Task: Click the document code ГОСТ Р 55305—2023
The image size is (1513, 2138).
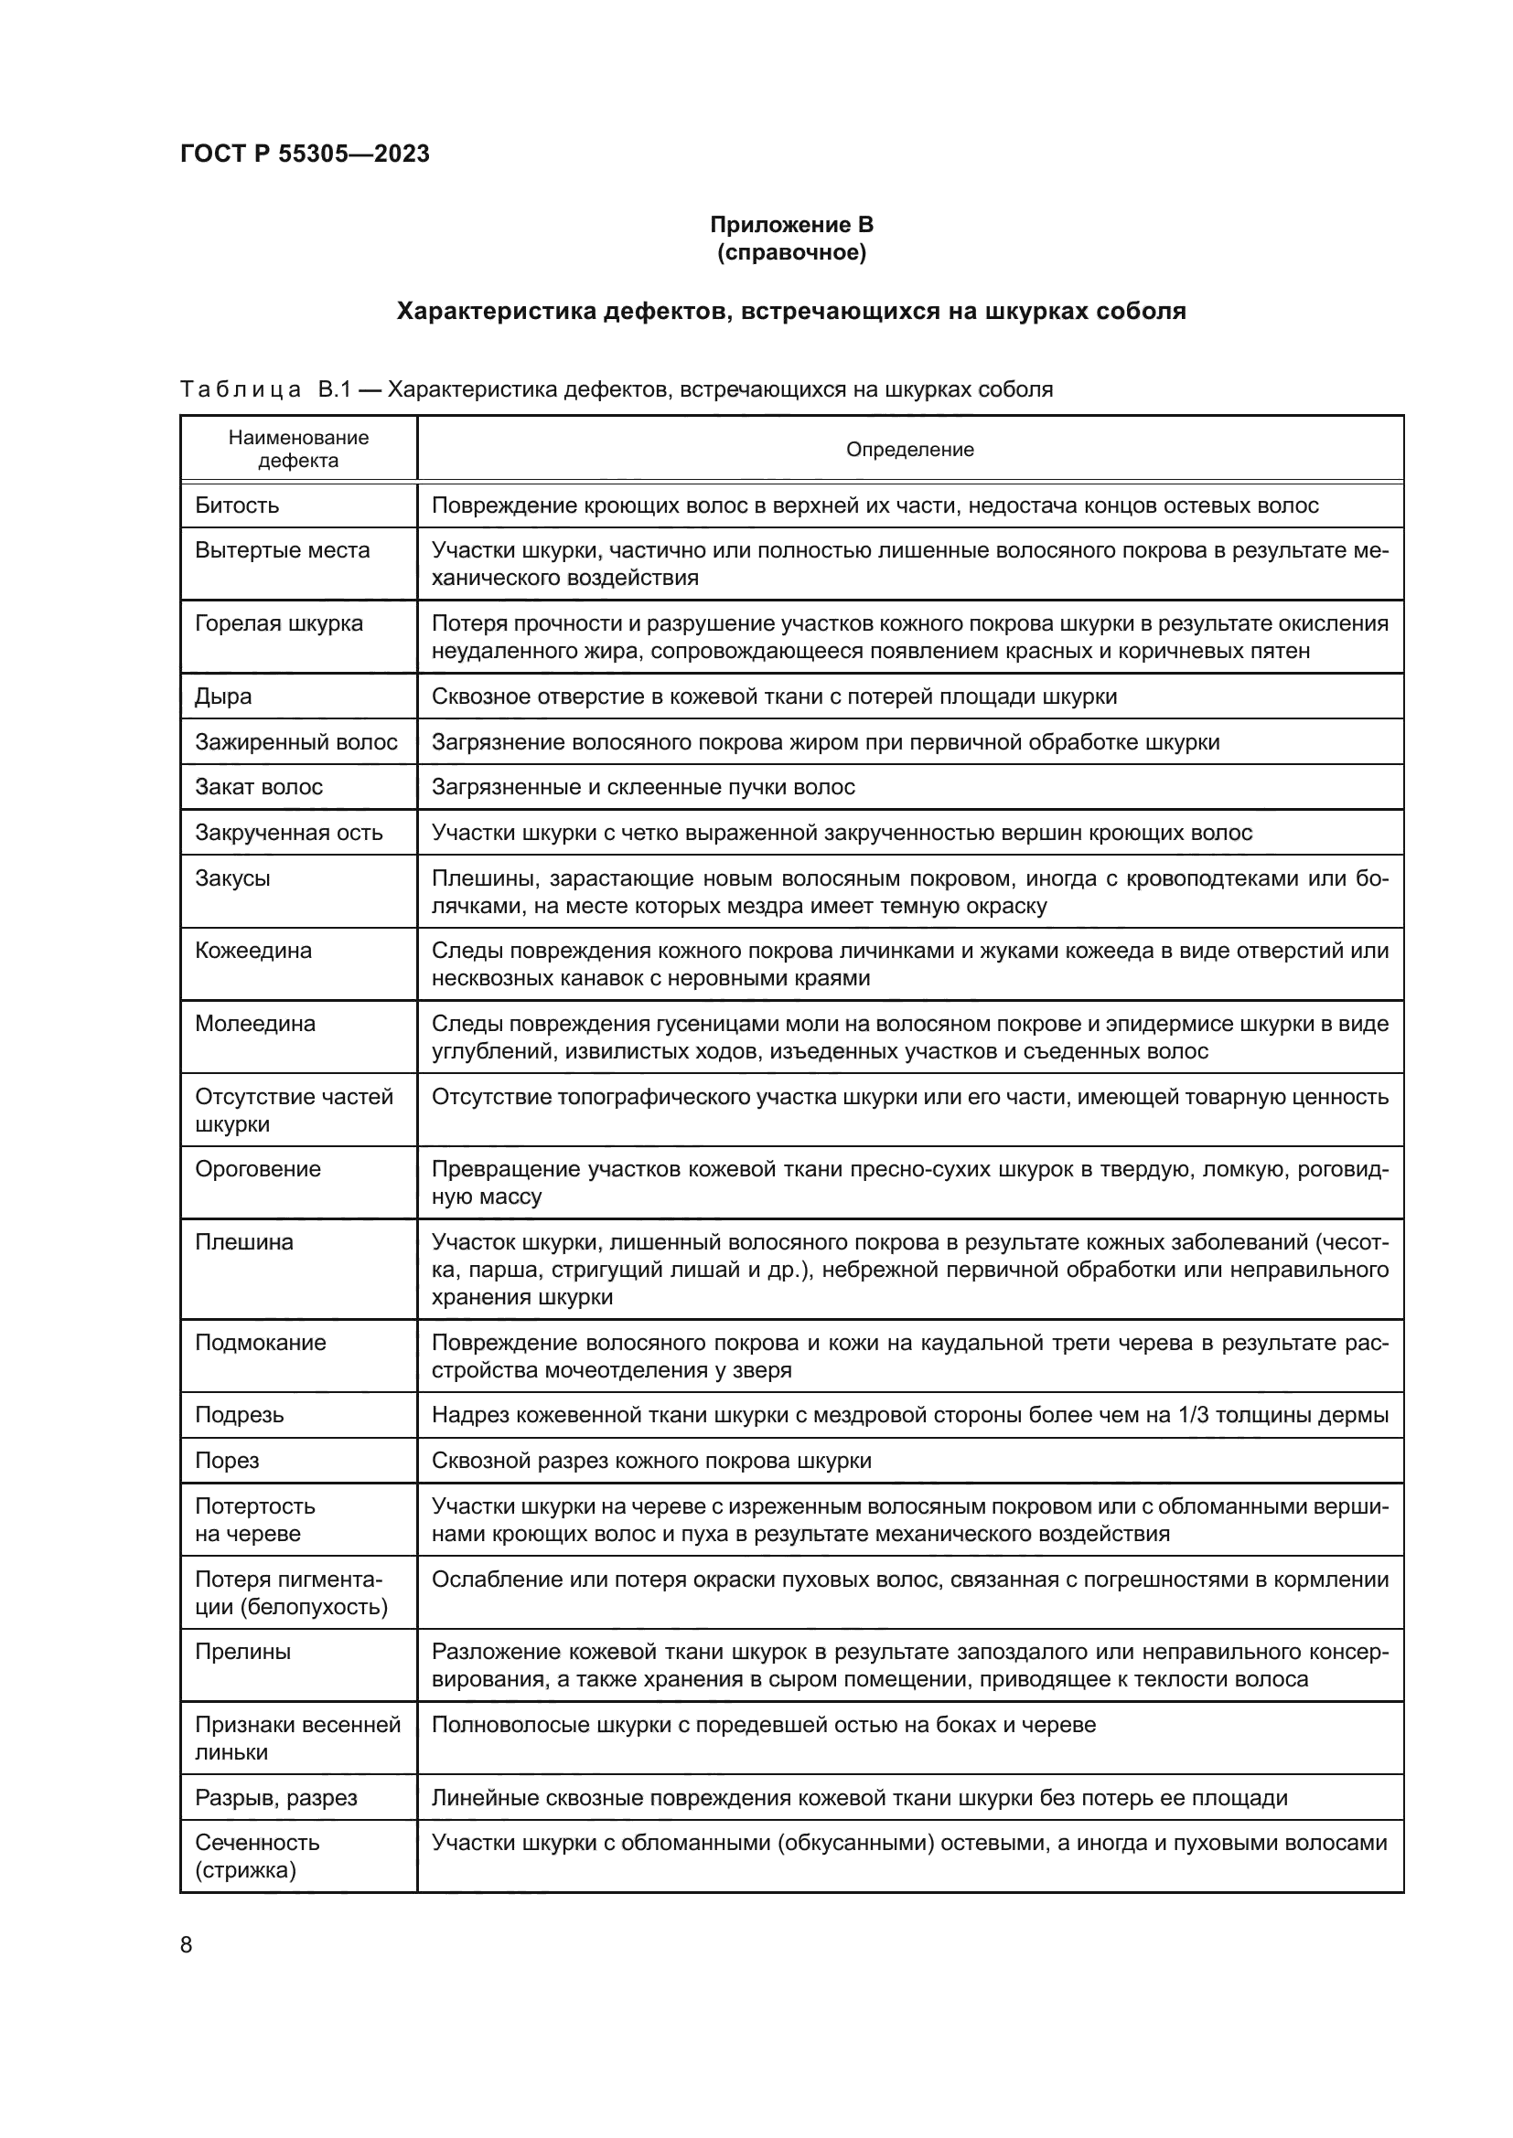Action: tap(305, 154)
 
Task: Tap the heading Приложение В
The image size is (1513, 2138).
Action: tap(791, 225)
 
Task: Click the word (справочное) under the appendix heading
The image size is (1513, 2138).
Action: tap(791, 252)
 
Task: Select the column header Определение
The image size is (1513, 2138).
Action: tap(909, 450)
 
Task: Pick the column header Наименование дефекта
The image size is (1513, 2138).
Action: tap(298, 449)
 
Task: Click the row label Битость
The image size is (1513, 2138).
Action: tap(237, 505)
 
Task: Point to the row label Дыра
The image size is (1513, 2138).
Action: tap(222, 697)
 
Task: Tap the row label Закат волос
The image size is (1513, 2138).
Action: tap(258, 787)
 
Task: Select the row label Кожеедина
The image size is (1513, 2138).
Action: tap(252, 951)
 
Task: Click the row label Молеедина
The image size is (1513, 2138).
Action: tap(254, 1024)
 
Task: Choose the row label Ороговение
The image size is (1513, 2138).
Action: tap(257, 1169)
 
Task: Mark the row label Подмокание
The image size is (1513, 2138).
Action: tap(260, 1342)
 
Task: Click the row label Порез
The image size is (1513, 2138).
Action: tap(226, 1460)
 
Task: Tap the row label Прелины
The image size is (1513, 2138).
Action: tap(242, 1651)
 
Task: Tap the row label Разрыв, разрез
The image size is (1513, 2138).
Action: tap(275, 1797)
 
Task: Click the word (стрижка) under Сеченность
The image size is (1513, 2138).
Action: tap(245, 1870)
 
